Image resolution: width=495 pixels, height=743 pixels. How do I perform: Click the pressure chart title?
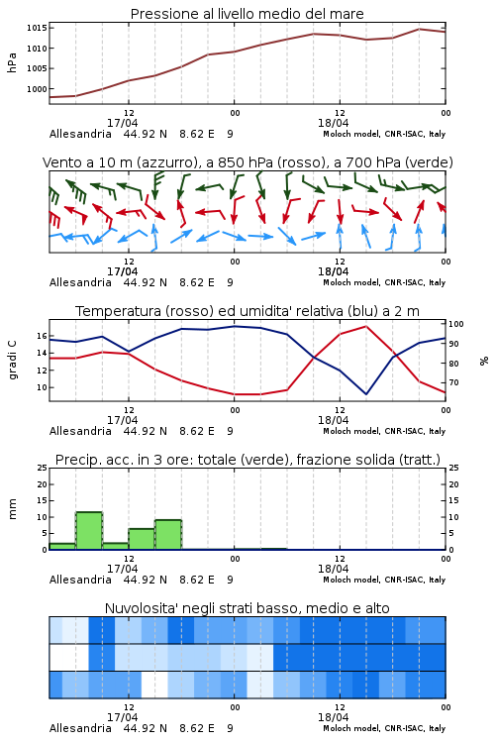(247, 14)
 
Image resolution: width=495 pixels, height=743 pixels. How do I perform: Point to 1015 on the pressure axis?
(37, 28)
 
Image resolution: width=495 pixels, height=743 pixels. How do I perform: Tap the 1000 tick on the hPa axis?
(37, 89)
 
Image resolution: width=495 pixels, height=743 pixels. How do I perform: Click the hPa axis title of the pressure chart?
(12, 62)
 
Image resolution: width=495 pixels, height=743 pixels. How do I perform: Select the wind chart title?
(247, 162)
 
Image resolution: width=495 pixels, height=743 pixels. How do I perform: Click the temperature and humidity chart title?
(247, 311)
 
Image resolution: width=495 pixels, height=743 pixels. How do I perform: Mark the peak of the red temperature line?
(365, 326)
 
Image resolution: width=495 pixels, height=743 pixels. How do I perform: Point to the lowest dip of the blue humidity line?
(365, 393)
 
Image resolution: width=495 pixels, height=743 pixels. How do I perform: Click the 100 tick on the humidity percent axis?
(456, 324)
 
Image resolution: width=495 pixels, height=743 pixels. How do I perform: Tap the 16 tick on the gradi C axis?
(42, 336)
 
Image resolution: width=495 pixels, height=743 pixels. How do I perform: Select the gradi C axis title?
(12, 360)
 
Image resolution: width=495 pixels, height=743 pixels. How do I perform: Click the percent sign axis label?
(484, 361)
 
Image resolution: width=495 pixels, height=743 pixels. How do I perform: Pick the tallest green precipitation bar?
(89, 531)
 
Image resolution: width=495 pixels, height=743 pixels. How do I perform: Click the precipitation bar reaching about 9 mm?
(168, 535)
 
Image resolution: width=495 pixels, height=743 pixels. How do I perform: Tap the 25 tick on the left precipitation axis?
(43, 468)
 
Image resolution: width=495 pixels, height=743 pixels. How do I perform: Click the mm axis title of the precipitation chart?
(12, 508)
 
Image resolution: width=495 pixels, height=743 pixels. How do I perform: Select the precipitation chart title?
(247, 460)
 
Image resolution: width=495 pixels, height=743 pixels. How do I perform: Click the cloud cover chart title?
(247, 608)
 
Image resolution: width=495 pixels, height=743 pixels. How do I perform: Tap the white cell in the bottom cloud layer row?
(154, 685)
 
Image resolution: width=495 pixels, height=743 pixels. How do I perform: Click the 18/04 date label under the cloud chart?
(333, 717)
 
